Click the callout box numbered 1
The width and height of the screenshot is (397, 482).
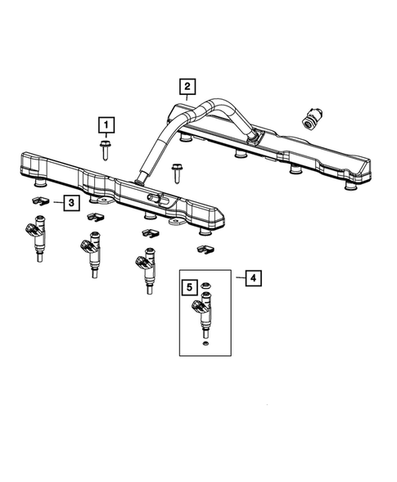[106, 124]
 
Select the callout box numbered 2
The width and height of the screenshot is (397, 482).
[187, 86]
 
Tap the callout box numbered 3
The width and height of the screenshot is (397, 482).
[72, 201]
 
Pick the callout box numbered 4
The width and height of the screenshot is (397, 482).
[254, 278]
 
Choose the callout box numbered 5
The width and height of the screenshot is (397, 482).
[189, 287]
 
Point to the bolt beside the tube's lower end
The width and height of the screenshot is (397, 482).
[177, 173]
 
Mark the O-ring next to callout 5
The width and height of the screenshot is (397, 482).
[206, 286]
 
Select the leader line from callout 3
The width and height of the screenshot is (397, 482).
[57, 201]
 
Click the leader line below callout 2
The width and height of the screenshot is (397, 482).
[187, 97]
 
